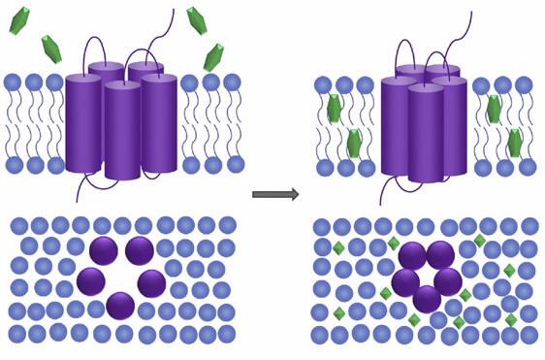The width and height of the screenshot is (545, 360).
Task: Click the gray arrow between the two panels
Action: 274,194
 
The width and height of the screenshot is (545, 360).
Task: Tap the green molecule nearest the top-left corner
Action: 20,20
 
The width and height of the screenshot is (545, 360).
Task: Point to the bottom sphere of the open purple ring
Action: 120,306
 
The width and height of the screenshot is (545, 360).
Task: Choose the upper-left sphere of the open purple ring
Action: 104,251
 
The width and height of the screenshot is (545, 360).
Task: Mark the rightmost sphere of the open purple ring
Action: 151,283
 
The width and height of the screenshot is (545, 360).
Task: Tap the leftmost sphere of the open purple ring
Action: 90,281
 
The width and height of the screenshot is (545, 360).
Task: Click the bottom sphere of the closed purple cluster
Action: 427,299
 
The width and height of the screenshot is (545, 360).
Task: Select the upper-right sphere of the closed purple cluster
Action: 441,256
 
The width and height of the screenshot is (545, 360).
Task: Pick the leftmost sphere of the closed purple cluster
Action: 405,282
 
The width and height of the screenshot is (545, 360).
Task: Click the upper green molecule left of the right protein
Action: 336,109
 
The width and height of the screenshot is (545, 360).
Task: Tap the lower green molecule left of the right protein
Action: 354,144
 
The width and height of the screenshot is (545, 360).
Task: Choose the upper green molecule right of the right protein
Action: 494,109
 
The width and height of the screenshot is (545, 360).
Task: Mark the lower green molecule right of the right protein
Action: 514,143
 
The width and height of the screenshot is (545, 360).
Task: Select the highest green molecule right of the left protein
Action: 198,19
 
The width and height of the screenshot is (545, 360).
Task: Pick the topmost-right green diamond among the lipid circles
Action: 479,241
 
